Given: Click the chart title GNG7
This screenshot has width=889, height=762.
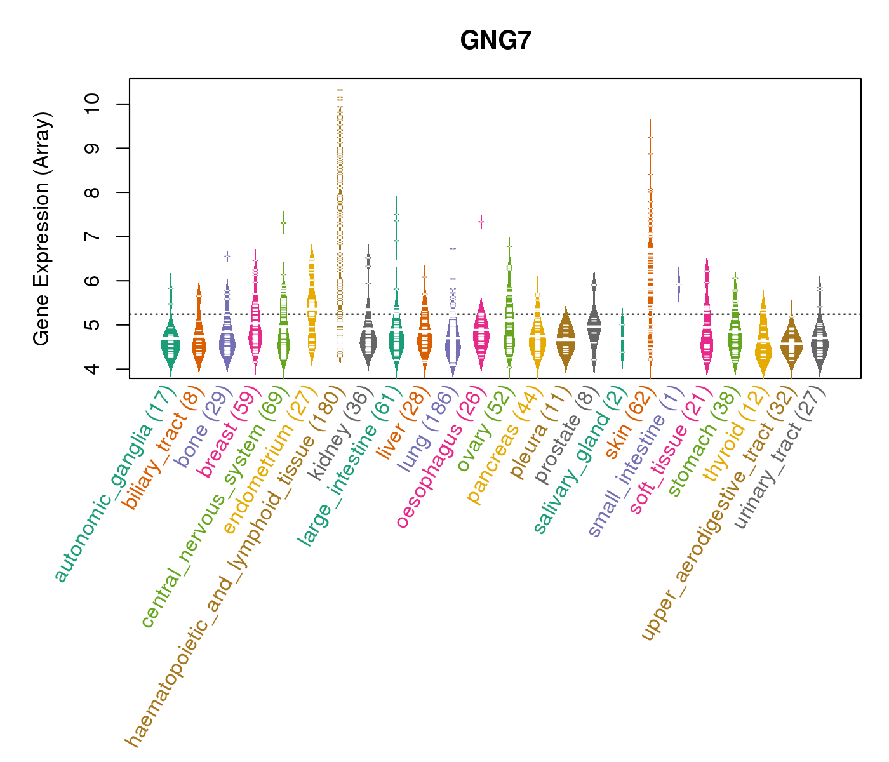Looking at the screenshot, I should pos(495,41).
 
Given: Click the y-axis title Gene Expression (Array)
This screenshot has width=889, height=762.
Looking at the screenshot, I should pos(42,229).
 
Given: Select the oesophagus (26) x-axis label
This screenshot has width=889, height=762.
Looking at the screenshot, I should pos(441,460).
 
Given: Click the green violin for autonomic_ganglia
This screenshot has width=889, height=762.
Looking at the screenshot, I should pos(170,346).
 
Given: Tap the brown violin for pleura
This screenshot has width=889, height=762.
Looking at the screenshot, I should pos(566,340).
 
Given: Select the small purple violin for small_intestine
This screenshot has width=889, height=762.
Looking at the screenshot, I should pos(678,284).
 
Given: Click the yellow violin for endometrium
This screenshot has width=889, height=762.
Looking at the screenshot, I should pos(311,311).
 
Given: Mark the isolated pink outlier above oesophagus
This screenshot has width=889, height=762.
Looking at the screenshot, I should pos(481,221).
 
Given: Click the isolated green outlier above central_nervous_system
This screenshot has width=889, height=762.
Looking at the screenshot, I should pos(283,223).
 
